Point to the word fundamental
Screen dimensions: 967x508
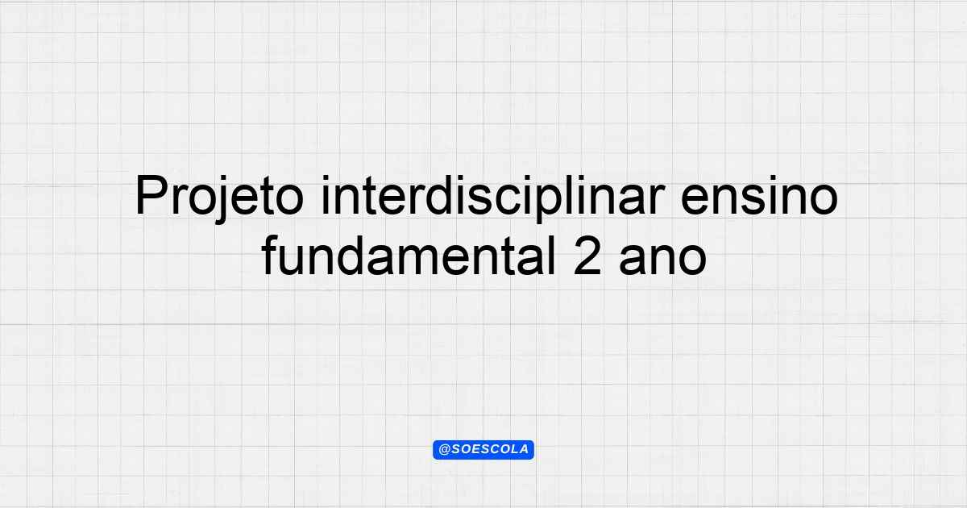click(408, 255)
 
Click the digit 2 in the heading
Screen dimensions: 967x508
click(587, 256)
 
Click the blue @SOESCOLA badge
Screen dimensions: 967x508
click(483, 450)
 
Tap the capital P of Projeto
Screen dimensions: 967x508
click(152, 195)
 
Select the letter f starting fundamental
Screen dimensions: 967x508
click(270, 255)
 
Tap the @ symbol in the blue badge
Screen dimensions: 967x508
click(445, 450)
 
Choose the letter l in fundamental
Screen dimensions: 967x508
click(550, 255)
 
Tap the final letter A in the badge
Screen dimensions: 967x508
click(524, 450)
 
